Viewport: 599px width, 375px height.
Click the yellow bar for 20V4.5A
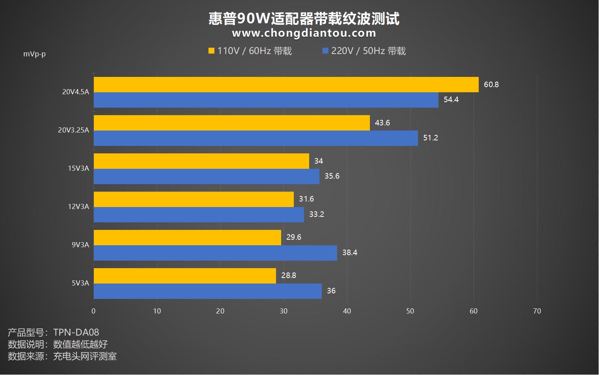click(x=286, y=84)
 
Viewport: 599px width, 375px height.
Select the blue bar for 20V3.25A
click(x=256, y=138)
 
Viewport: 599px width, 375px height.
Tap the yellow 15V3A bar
click(x=201, y=161)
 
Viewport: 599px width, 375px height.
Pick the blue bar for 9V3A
click(x=215, y=253)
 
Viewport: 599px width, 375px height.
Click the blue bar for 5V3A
click(x=207, y=291)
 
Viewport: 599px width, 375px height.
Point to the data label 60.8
click(x=491, y=84)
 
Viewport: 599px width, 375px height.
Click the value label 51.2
click(x=430, y=138)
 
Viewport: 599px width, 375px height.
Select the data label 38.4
click(x=349, y=253)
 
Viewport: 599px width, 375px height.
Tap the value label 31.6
click(x=306, y=199)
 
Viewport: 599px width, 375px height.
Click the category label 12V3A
click(x=78, y=207)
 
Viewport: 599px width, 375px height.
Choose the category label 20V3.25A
click(x=73, y=130)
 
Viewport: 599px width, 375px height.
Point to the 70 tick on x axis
click(x=537, y=311)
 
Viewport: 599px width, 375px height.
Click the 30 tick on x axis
click(x=284, y=311)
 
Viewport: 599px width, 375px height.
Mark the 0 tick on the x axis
click(x=93, y=311)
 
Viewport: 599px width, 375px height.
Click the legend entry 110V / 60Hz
click(x=250, y=51)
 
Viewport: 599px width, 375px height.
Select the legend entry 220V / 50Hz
click(x=364, y=51)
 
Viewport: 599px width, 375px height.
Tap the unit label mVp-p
click(x=34, y=54)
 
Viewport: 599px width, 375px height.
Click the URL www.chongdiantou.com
click(x=304, y=33)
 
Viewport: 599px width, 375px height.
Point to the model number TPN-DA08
click(x=76, y=332)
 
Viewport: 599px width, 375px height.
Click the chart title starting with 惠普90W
click(x=304, y=18)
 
